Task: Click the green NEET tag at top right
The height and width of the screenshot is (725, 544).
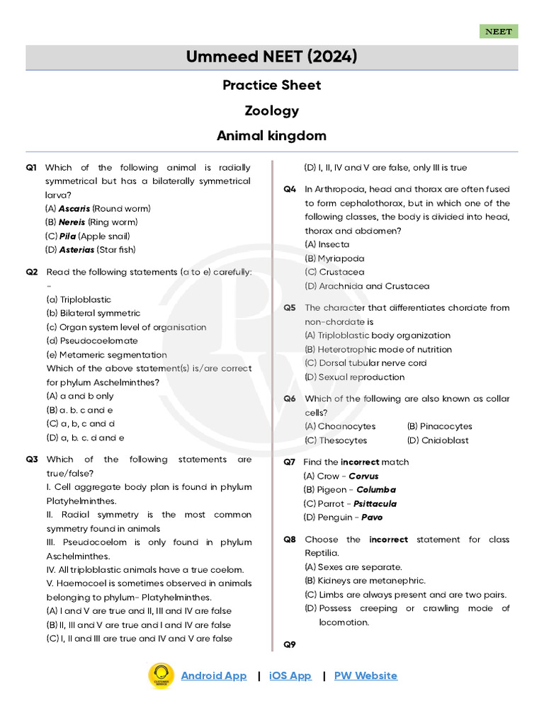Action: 499,31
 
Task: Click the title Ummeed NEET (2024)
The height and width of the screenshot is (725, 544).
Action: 271,57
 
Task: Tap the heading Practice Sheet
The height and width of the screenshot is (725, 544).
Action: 271,85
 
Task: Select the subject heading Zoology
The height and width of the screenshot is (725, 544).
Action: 271,110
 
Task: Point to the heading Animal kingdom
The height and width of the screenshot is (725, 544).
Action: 271,135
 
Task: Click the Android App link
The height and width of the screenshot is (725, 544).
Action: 213,675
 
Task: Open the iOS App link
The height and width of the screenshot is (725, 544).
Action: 290,675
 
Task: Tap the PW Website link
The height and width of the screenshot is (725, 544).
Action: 365,675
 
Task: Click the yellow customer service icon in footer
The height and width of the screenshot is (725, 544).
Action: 161,675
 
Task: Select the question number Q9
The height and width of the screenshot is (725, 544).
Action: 290,644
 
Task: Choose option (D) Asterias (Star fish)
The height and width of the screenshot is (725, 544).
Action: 90,250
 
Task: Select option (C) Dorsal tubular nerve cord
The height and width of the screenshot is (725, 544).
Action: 365,363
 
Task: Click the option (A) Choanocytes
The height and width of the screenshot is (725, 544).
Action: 340,426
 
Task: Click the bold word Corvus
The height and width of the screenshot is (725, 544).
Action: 363,476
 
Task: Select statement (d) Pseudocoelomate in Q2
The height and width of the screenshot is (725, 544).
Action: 92,341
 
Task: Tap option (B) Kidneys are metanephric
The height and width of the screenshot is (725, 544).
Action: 365,581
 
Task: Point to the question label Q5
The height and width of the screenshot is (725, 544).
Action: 290,308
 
